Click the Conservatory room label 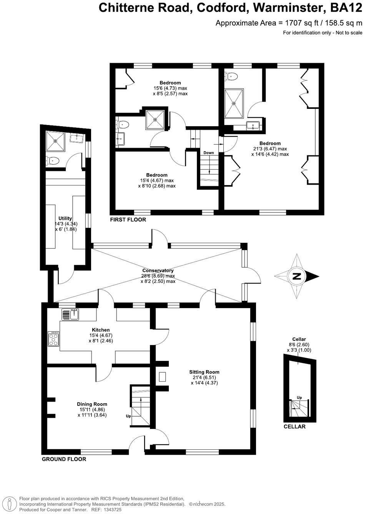[158, 270]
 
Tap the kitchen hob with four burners [53, 339]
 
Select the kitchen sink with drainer [70, 315]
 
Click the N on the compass [296, 276]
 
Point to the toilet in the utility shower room [53, 160]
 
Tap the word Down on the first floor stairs [209, 153]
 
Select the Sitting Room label [204, 372]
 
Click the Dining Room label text [92, 404]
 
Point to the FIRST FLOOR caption [128, 220]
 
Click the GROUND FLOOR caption [64, 459]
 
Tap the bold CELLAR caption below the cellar [294, 427]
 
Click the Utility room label [65, 218]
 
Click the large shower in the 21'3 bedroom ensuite [234, 103]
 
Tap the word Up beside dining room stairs [128, 416]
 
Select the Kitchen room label [101, 330]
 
